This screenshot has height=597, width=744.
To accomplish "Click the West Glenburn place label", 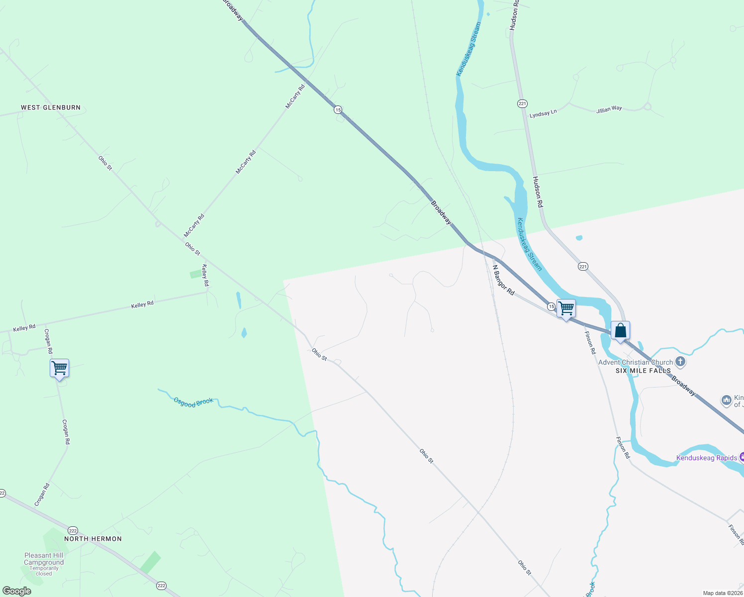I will [x=51, y=107].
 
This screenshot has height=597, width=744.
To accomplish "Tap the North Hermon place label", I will [x=93, y=539].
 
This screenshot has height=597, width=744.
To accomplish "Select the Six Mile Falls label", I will [x=643, y=371].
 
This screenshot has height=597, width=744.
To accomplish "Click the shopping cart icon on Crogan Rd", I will [x=59, y=368].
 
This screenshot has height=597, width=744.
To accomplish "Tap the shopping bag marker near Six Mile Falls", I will [x=620, y=330].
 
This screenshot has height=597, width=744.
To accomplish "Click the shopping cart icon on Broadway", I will [x=566, y=308].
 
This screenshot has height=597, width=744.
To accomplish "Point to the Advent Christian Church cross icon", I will [x=681, y=362].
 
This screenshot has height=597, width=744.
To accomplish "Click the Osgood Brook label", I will [x=193, y=402].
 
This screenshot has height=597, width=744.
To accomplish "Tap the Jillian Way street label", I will [x=609, y=109].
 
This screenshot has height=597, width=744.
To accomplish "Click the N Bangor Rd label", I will [x=503, y=280].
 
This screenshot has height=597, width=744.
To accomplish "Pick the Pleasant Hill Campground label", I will [x=44, y=559].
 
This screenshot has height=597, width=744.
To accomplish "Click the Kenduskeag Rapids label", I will [x=706, y=458].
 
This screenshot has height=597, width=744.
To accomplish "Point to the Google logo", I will [x=17, y=591].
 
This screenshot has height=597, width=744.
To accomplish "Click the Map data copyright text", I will [x=723, y=593].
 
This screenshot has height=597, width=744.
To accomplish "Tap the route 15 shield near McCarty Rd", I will [x=338, y=109].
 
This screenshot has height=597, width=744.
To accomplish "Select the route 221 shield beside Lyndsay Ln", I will [x=522, y=103].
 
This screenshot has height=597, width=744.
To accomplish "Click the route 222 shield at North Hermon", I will [x=73, y=530].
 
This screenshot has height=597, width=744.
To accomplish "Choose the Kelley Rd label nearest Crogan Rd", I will [x=24, y=328].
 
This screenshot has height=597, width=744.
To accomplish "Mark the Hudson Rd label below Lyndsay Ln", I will [x=538, y=192].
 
